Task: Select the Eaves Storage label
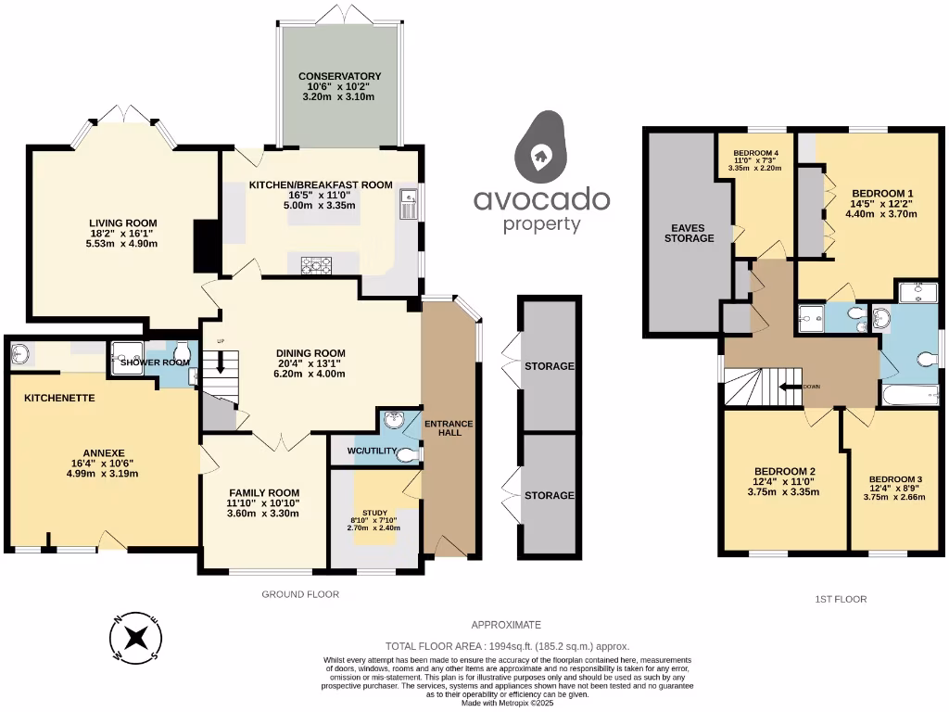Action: pos(691,233)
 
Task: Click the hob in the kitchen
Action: pos(317,266)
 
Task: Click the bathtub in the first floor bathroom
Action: pos(914,398)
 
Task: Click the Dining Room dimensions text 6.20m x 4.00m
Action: pos(310,375)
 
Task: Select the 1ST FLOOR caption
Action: pos(841,599)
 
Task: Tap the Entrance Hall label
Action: pos(449,429)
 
